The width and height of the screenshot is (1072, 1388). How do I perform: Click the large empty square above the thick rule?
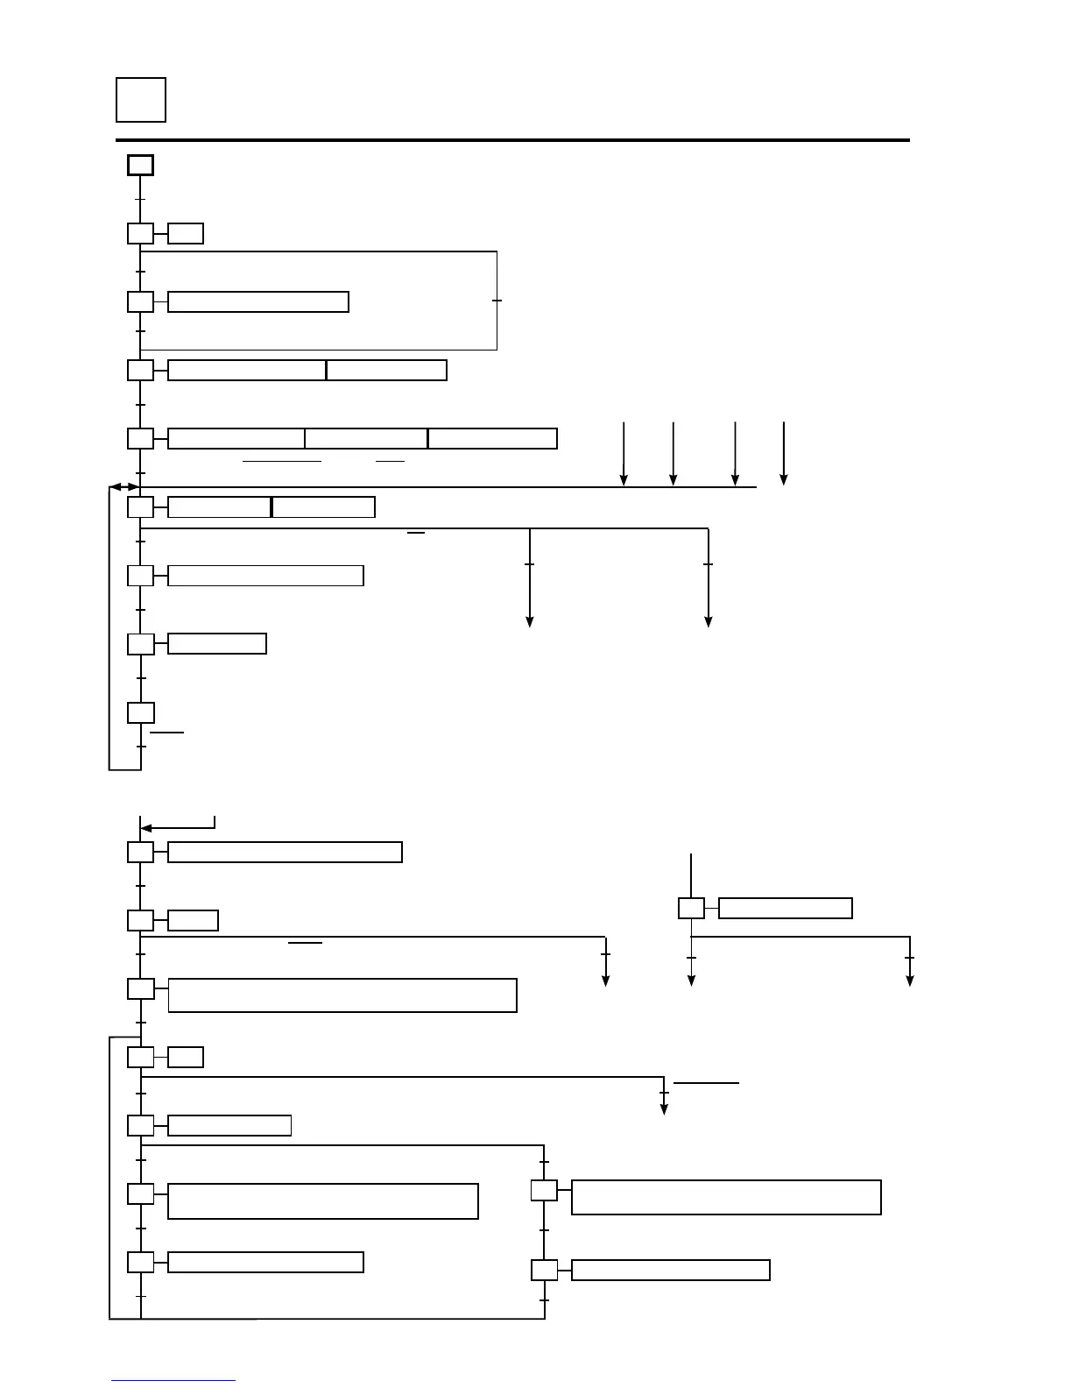point(140,100)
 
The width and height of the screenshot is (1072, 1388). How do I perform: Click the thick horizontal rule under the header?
point(512,140)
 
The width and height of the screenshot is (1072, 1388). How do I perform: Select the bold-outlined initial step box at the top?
point(140,165)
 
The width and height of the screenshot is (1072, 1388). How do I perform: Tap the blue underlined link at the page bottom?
point(173,1380)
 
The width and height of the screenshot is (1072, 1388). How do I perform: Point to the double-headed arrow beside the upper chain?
point(123,486)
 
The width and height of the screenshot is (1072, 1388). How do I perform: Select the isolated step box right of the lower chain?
point(691,908)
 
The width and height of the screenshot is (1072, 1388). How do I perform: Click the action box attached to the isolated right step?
point(785,908)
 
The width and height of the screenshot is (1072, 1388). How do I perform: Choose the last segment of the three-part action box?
point(492,438)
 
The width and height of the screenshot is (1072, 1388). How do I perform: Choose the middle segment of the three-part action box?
point(366,438)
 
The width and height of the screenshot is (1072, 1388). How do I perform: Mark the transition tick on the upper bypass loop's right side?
point(497,301)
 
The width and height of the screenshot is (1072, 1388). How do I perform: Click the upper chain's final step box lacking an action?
point(140,712)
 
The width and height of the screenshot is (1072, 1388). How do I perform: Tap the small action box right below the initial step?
point(186,233)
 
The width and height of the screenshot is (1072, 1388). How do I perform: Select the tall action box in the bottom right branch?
point(726,1197)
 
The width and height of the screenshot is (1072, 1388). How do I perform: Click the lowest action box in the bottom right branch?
point(670,1270)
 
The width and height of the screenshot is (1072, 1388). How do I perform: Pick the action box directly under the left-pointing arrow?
point(285,852)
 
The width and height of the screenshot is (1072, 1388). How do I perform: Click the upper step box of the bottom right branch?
point(544,1192)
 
